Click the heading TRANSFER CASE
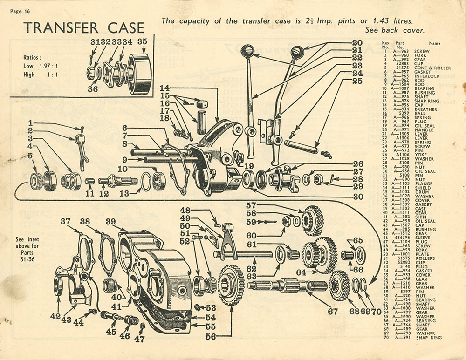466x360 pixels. pos(84,27)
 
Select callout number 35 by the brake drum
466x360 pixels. pos(142,41)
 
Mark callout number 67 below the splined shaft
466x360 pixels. pos(332,311)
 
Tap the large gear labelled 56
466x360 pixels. pos(231,284)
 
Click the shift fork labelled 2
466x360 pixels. pos(79,147)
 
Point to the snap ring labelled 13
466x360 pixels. pos(146,181)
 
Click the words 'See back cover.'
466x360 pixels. pos(395,30)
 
